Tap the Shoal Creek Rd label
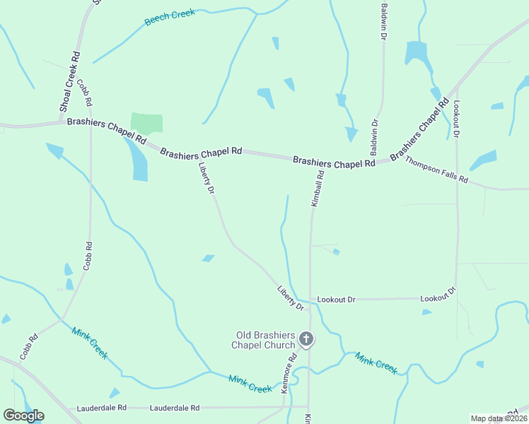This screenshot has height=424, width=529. pyautogui.click(x=69, y=81)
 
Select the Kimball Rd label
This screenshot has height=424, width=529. pyautogui.click(x=318, y=189)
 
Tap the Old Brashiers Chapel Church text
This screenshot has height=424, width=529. pyautogui.click(x=264, y=340)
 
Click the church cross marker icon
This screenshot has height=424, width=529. pyautogui.click(x=306, y=340)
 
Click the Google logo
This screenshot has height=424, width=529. pyautogui.click(x=23, y=416)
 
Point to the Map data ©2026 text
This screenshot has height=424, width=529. pyautogui.click(x=499, y=418)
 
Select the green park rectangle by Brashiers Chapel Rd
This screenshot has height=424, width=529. pyautogui.click(x=146, y=122)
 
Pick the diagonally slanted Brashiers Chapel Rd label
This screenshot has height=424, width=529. pyautogui.click(x=419, y=129)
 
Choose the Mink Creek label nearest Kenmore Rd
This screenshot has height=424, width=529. pyautogui.click(x=250, y=384)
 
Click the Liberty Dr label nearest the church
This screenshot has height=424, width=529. pyautogui.click(x=290, y=298)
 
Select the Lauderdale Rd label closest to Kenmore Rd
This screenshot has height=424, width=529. pyautogui.click(x=175, y=408)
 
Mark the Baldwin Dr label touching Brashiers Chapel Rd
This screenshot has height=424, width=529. pyautogui.click(x=374, y=137)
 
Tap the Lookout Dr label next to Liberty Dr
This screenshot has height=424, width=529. pyautogui.click(x=336, y=300)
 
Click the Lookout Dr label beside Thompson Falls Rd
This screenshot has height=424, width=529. pyautogui.click(x=457, y=119)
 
